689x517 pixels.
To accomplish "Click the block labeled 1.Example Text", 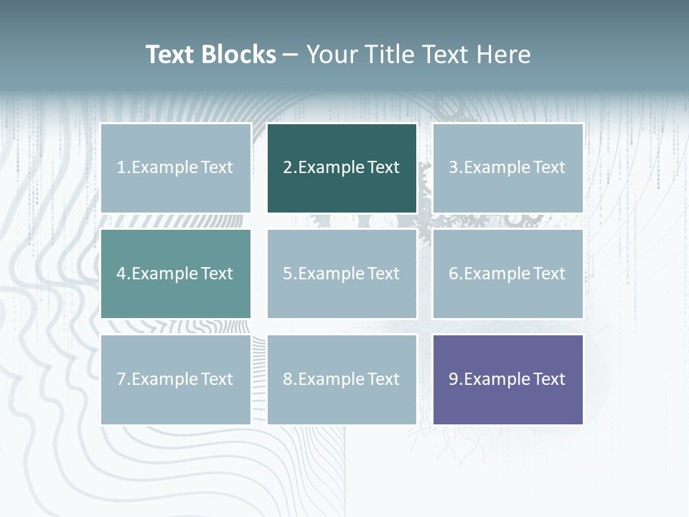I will pos(176,168).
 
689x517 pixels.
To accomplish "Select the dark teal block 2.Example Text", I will pos(342,168).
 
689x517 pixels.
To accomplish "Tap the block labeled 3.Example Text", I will pos(507,168).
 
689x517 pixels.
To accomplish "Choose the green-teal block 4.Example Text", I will pos(176,274).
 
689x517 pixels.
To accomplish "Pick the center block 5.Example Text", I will pos(342,274).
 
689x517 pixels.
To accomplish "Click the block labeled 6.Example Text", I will pos(507,274).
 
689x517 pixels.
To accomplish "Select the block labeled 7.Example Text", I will pos(176,379).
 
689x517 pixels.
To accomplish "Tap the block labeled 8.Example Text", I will pos(342,379).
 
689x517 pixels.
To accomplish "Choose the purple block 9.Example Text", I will pos(507,379).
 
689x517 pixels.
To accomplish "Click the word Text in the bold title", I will pos(170,55).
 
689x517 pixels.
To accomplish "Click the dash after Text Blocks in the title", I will pos(291,55).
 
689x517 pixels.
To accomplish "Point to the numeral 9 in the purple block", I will pos(454,379).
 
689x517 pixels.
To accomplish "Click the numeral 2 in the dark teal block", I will pos(288,168).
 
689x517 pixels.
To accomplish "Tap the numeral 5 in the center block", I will pos(288,274).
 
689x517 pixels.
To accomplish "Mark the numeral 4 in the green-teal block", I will pos(121,274).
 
